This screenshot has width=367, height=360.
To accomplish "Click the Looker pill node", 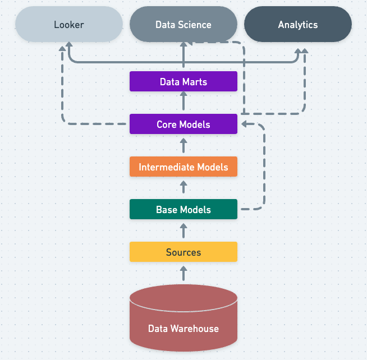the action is click(69, 24).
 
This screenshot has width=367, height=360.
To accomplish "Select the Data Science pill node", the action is click(183, 24).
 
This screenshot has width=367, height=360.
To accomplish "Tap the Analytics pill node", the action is click(298, 24).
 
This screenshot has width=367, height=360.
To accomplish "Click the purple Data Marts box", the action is click(183, 81).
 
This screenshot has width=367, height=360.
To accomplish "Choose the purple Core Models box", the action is click(183, 124).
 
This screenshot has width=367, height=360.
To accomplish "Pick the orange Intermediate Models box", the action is click(183, 167).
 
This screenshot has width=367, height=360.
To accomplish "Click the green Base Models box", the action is click(183, 209).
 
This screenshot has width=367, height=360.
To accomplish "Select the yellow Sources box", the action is click(183, 252).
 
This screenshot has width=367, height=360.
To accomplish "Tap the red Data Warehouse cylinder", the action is click(183, 318).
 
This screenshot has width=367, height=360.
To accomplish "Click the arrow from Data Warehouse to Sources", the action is click(183, 273).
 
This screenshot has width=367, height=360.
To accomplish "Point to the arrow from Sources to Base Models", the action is click(183, 230).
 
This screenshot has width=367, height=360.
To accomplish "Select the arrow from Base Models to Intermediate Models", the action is click(183, 187).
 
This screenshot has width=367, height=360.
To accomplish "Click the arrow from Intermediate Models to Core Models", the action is click(183, 145).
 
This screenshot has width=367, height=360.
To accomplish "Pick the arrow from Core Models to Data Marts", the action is click(183, 100).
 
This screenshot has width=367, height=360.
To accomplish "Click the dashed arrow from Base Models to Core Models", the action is click(264, 167).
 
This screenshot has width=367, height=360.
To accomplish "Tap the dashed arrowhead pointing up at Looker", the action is click(62, 48).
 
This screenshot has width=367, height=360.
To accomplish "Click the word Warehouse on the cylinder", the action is click(195, 329).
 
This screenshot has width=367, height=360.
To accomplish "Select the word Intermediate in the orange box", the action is click(167, 167).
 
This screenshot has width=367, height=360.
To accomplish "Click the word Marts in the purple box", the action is click(195, 82).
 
